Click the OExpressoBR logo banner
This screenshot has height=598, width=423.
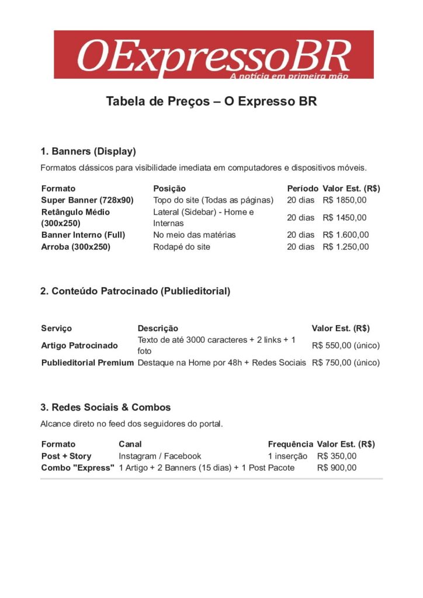click(x=214, y=55)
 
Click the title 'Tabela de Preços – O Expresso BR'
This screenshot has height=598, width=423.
click(x=211, y=101)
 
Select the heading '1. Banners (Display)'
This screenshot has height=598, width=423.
click(x=88, y=152)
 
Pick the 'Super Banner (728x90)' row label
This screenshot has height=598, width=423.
click(x=88, y=200)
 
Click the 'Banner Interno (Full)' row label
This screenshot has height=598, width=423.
click(x=84, y=235)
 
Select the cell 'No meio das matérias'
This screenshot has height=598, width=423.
click(x=195, y=235)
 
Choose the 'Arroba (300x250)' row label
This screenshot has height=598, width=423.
click(x=76, y=246)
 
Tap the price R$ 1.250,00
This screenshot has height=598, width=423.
click(x=346, y=246)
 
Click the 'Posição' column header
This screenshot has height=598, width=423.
click(x=169, y=189)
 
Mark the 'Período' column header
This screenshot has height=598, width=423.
click(x=303, y=189)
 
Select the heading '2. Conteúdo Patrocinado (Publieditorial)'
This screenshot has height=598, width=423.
click(x=136, y=291)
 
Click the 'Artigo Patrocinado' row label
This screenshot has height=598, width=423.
click(x=79, y=346)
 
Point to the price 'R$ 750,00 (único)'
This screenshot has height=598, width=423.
click(x=346, y=363)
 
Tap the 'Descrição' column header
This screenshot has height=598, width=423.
click(x=158, y=328)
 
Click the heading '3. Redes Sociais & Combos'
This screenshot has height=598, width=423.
click(x=106, y=407)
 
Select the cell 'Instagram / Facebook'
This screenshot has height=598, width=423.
click(x=160, y=456)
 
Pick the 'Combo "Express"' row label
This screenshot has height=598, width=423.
click(x=78, y=468)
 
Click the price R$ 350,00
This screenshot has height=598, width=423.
click(x=337, y=456)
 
